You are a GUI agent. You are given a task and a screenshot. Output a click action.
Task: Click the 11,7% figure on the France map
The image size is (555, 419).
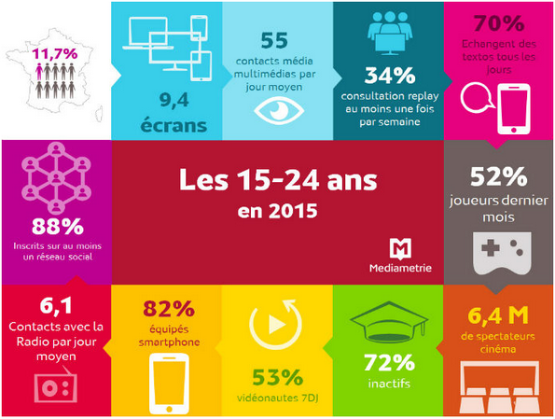coord(54,55)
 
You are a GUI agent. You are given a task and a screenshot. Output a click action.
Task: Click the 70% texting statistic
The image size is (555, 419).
coord(499,23)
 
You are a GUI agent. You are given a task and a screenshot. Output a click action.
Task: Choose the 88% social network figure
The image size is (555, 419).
coord(55,226)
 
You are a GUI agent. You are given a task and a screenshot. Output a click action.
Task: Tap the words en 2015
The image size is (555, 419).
coord(277,211)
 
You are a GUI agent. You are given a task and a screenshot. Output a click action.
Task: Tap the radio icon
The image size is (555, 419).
coord(55,385)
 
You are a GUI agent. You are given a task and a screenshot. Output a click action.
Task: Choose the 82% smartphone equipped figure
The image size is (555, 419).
coord(167,309)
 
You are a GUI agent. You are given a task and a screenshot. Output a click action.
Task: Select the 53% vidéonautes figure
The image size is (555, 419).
coord(277,378)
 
